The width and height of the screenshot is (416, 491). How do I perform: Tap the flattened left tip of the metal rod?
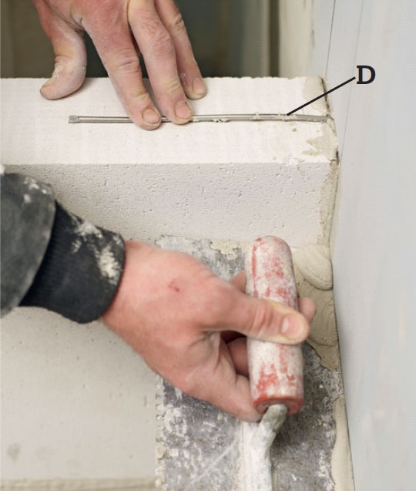tap(72, 119)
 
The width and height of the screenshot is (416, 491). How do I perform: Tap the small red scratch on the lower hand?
tap(173, 284)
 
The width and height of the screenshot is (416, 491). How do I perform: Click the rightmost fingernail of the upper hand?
tap(199, 86)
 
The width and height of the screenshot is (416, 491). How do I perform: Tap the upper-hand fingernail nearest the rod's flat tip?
tap(152, 116)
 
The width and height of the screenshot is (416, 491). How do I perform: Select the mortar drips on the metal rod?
tap(247, 117)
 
